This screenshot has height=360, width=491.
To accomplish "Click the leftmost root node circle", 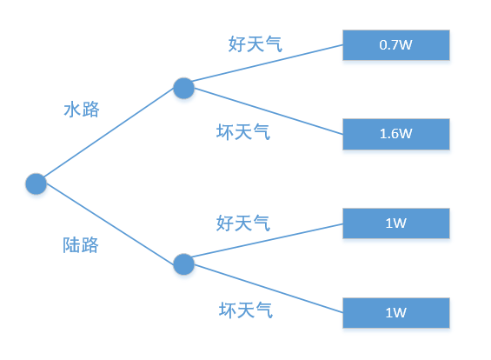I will point(36,183).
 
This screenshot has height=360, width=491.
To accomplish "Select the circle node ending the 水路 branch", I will point(183,88).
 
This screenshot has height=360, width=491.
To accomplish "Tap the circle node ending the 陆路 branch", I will point(183,264).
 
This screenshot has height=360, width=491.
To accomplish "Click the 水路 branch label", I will point(82,110).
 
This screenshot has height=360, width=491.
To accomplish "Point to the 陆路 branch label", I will point(81,245).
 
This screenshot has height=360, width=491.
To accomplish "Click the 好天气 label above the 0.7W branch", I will point(255,43).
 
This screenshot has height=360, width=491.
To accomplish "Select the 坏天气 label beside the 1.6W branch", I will point(243,132).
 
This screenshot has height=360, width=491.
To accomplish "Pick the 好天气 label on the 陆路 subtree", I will point(243,223).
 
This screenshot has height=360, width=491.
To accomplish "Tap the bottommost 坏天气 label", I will point(245,310).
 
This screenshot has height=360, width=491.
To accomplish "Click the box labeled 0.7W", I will point(395,45).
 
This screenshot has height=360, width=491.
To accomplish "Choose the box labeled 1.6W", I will point(395,134).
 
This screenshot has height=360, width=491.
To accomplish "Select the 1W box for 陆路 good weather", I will point(395,223).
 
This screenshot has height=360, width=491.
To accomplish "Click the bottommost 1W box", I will point(395,312).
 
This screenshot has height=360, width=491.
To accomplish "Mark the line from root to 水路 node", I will point(109,136).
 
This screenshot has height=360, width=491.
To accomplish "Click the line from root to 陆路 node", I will point(109,224).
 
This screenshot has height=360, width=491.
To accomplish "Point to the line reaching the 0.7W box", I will point(265,66).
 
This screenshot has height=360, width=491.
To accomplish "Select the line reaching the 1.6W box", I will point(265,110).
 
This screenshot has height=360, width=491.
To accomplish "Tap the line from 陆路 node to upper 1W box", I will point(265,243).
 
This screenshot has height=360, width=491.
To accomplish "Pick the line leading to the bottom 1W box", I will point(265,287).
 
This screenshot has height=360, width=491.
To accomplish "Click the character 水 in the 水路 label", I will point(72,110).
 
